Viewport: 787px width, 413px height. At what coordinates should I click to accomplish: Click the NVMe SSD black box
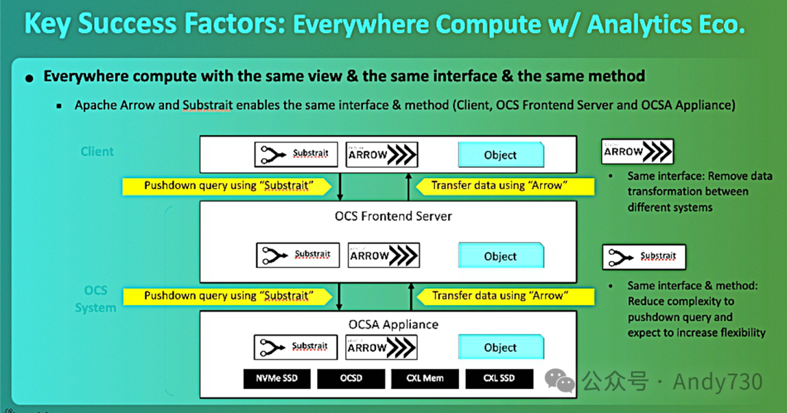275,379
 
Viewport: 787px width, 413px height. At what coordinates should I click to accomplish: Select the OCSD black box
351,379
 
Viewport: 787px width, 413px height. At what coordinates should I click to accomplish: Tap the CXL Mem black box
425,379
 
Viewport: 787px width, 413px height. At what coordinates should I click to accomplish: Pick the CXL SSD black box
499,379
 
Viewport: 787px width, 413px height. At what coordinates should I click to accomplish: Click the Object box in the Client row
501,155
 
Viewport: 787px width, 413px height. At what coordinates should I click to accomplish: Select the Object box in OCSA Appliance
501,348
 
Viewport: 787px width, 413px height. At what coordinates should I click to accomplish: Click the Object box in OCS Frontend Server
501,256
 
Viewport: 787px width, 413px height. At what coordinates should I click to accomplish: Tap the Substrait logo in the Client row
296,154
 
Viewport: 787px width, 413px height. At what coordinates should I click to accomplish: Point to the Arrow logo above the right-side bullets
638,152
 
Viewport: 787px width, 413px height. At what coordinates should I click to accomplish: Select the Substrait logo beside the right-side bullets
643,257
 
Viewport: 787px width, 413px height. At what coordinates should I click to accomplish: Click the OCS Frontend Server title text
393,216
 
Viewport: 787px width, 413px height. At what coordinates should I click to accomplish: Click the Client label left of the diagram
97,152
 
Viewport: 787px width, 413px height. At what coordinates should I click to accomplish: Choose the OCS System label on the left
95,299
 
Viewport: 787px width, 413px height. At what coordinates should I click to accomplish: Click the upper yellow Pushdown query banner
228,185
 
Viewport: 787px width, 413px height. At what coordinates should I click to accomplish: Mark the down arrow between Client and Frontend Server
340,185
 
